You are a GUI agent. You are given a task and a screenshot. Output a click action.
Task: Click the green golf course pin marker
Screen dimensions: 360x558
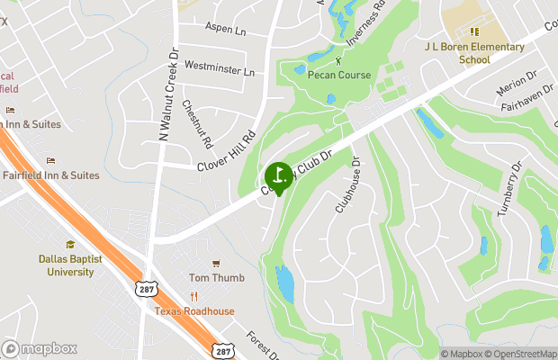coord(278,175)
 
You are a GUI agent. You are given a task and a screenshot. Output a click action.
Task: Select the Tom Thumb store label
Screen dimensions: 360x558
coord(216,278)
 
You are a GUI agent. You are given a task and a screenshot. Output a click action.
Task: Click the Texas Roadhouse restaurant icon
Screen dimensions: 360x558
coord(193,297)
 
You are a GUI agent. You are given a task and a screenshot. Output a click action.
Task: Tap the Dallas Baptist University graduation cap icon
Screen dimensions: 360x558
coord(70,244)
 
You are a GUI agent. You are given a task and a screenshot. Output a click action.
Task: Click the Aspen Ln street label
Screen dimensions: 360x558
coord(225,30)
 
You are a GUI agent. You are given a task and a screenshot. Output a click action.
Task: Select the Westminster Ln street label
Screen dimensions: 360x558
coord(220,67)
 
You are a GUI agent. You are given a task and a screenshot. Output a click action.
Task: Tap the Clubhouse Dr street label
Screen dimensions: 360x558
coord(347,186)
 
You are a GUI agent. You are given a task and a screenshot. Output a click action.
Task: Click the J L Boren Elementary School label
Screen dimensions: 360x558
coord(474,53)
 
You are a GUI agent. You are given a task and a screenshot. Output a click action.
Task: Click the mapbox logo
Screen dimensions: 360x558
coord(40,348)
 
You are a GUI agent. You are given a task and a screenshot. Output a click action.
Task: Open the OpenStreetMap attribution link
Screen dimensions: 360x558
coord(519,354)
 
